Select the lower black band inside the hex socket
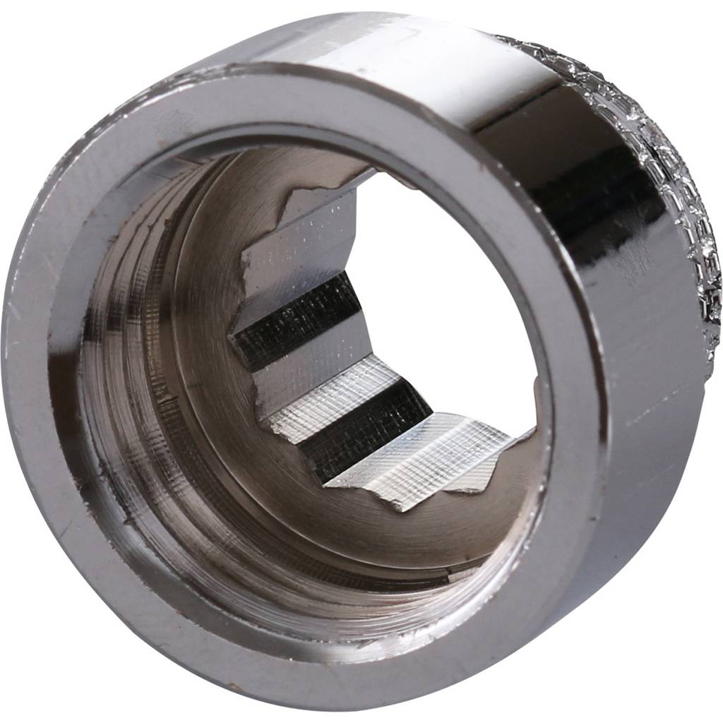coord(367,431)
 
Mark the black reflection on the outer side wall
coord(586,184)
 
